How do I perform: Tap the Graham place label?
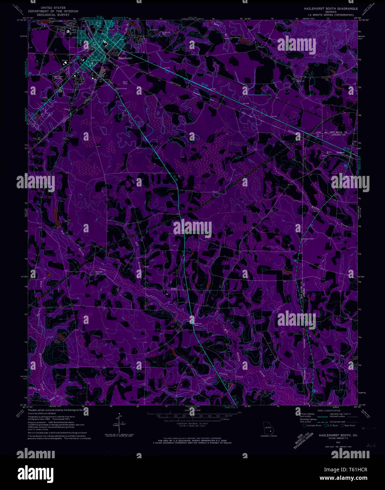340,152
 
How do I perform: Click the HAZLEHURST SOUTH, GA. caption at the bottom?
332,435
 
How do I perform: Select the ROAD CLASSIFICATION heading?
328,411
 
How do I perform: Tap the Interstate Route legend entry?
312,425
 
